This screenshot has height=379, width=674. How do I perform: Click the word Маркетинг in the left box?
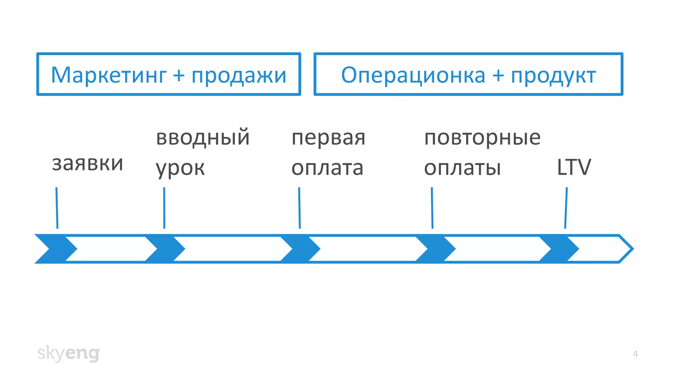[x=109, y=75]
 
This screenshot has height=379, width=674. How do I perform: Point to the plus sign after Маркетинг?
[x=179, y=75]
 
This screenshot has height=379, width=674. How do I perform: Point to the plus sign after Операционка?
[x=498, y=75]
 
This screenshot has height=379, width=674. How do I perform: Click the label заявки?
[x=88, y=164]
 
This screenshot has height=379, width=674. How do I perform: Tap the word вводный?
[x=203, y=138]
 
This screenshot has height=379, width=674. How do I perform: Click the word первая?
[x=328, y=138]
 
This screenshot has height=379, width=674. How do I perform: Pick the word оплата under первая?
[x=327, y=168]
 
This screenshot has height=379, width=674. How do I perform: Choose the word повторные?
[x=482, y=138]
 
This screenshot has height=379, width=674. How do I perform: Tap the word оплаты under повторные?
[x=462, y=168]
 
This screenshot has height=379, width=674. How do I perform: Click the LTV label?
[x=574, y=167]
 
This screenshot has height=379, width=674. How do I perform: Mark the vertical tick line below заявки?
[x=57, y=208]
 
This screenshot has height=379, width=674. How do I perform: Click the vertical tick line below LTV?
[x=566, y=208]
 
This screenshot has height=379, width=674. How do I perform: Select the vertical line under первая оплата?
[x=299, y=208]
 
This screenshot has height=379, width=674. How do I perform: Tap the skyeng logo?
[x=68, y=353]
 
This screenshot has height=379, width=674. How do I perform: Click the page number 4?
[x=635, y=354]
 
